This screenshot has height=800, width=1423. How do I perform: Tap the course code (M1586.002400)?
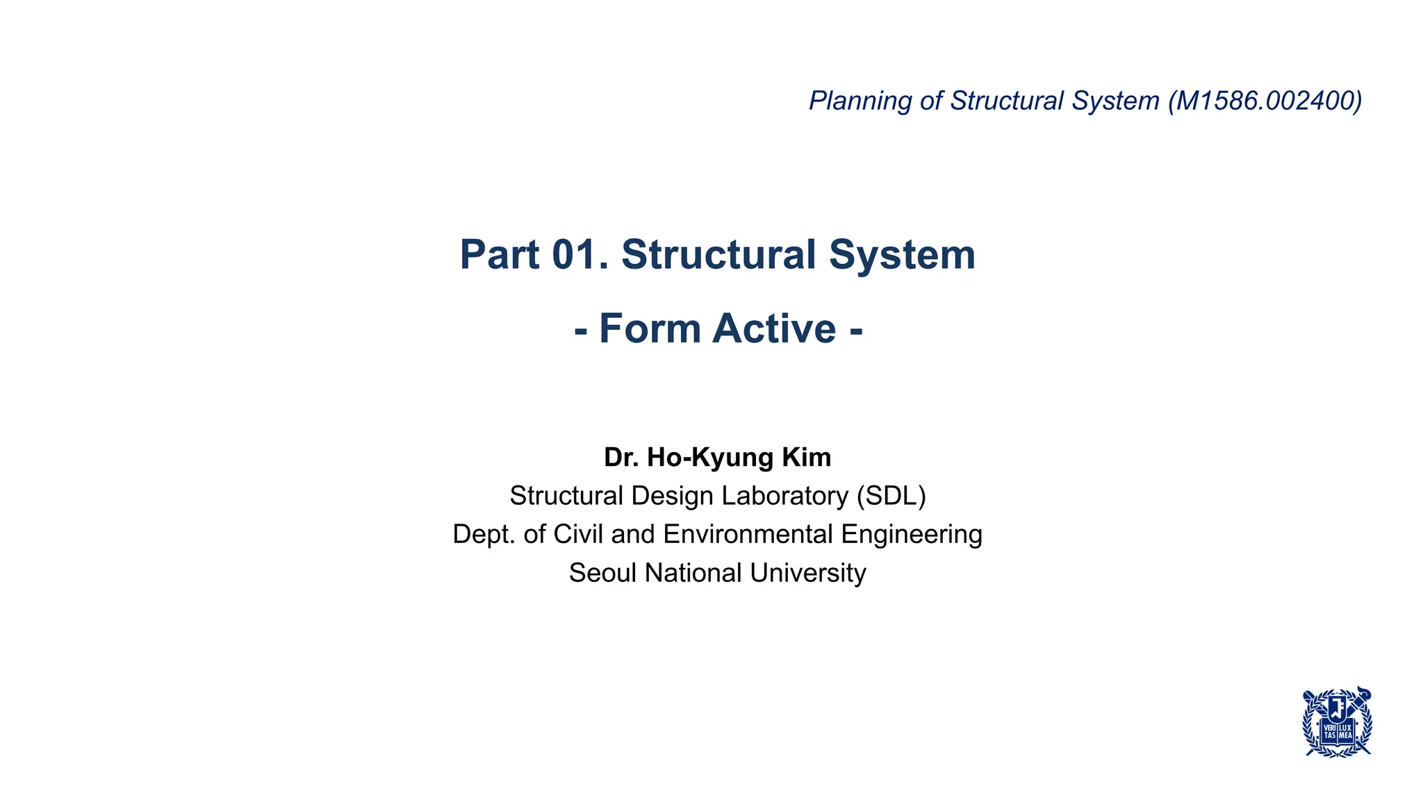1265,101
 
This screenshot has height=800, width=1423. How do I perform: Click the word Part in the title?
500,254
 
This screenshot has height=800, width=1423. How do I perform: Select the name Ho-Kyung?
710,457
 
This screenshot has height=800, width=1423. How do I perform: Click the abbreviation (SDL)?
891,496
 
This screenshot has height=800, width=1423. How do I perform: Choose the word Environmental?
748,534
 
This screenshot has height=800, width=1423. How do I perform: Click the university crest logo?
1337,722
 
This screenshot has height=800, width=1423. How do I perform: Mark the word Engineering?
912,534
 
